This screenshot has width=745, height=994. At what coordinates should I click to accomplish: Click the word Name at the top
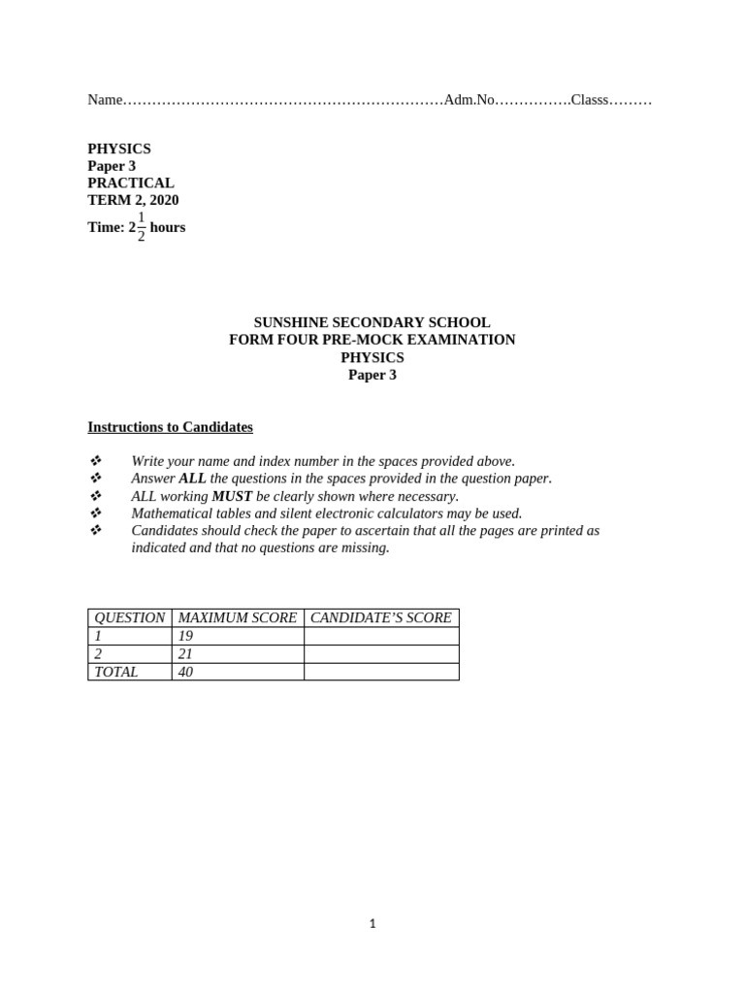106,100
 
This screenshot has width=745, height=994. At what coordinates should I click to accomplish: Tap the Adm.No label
470,100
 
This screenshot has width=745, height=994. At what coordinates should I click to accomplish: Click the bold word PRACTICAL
131,182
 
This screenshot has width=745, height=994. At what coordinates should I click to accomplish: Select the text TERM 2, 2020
133,200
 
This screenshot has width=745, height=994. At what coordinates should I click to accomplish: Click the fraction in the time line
142,227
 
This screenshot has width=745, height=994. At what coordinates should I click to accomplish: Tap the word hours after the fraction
168,227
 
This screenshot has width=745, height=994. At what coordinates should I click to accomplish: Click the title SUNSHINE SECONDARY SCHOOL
372,322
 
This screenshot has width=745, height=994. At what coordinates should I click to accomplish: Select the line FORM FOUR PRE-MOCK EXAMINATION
372,340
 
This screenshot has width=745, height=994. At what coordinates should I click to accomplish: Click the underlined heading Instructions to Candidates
170,427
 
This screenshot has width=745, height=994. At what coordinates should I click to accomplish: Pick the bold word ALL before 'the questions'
192,479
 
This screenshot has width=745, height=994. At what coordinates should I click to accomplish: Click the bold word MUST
232,496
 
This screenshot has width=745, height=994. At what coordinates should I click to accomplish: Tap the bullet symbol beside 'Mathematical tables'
95,514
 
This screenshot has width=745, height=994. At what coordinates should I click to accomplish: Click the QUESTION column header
129,617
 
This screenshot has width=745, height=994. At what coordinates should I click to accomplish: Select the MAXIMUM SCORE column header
238,617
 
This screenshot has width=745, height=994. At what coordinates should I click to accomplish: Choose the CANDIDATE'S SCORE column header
380,617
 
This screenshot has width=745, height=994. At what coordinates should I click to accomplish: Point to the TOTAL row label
116,672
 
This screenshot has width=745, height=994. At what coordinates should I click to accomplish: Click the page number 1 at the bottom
372,924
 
